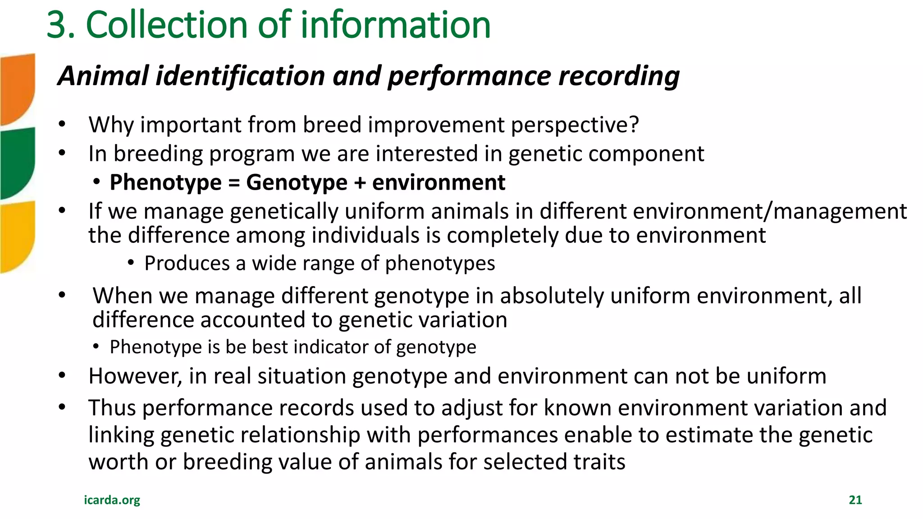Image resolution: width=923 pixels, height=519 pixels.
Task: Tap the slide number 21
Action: (x=855, y=500)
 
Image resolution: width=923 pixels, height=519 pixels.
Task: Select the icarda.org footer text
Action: (x=112, y=500)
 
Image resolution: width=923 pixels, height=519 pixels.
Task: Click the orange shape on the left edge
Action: (x=17, y=88)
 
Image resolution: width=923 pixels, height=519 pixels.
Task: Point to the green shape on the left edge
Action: (x=17, y=162)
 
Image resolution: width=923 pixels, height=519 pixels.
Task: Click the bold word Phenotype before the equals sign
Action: (x=165, y=183)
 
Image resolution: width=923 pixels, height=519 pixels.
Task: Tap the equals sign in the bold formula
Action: (x=234, y=183)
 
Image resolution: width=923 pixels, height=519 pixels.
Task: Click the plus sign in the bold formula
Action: (x=360, y=183)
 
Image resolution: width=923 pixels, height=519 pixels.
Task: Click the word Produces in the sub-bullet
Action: (x=187, y=263)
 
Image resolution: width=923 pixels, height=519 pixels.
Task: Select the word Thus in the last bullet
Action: (x=112, y=408)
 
